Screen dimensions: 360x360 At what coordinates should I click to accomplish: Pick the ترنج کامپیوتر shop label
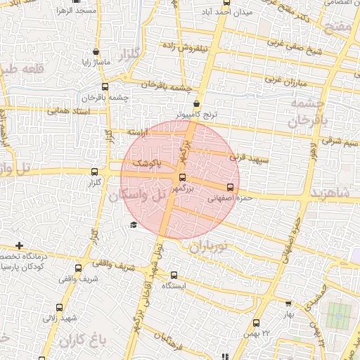click(x=199, y=114)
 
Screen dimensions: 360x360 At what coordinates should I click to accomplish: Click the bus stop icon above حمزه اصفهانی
click(x=230, y=187)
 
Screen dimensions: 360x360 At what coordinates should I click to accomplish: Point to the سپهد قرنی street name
click(x=245, y=160)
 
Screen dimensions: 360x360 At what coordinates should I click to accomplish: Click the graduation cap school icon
click(x=133, y=224)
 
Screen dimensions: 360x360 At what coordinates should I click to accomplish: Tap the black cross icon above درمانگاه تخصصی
click(x=19, y=246)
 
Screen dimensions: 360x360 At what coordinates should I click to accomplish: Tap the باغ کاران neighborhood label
click(x=82, y=342)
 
